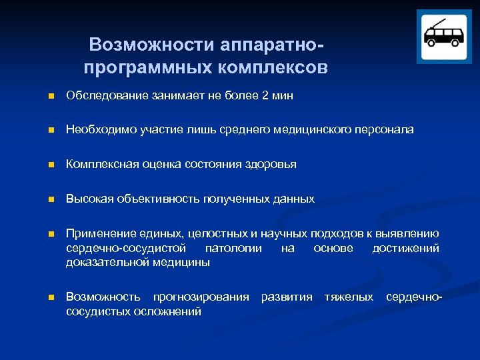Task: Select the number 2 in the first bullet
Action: pyautogui.click(x=265, y=96)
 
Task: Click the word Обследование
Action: pyautogui.click(x=104, y=96)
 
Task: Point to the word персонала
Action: pyautogui.click(x=385, y=130)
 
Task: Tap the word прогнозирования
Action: pyautogui.click(x=201, y=297)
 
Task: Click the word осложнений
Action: pyautogui.click(x=169, y=311)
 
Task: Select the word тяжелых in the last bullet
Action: pyautogui.click(x=349, y=297)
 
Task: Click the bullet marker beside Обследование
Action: pyautogui.click(x=43, y=97)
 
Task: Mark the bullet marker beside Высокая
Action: pyautogui.click(x=43, y=199)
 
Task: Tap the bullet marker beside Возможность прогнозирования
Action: pyautogui.click(x=43, y=297)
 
